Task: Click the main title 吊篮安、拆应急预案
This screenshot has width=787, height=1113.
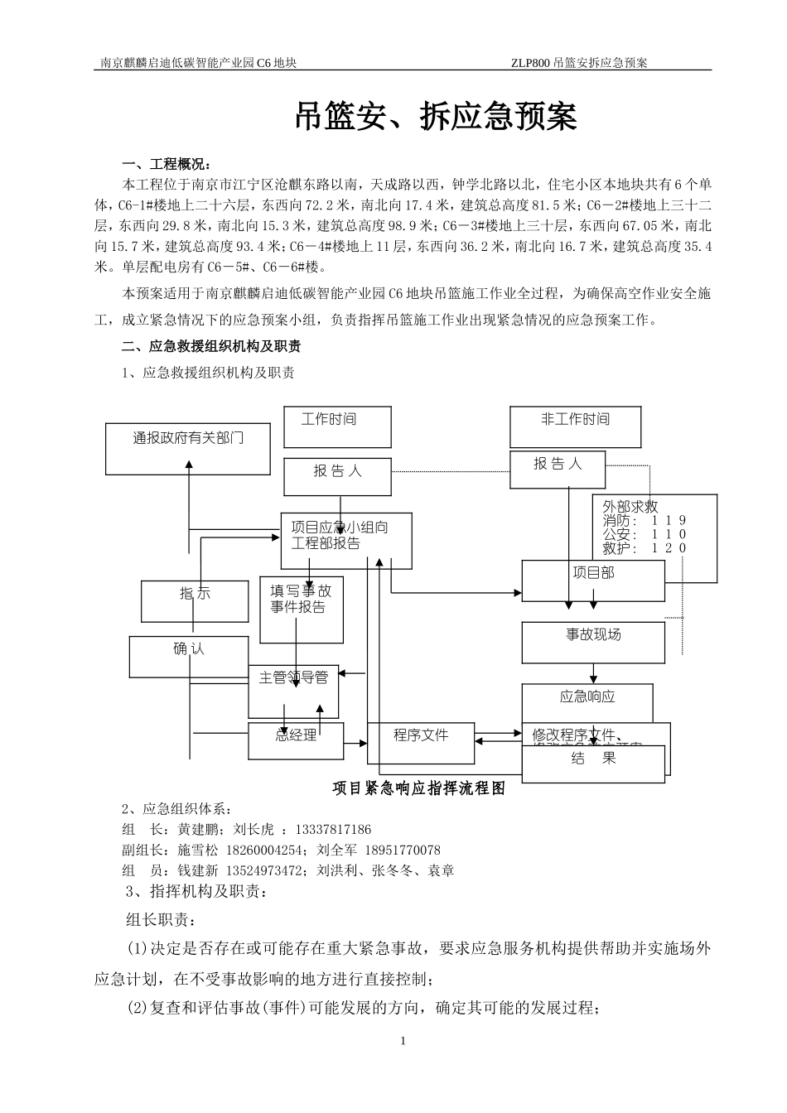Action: tap(436, 118)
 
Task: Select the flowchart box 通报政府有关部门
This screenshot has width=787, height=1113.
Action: tap(188, 448)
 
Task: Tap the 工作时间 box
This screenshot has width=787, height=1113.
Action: tap(337, 427)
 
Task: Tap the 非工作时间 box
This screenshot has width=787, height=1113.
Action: tap(575, 427)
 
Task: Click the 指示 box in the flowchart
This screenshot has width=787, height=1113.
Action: tap(195, 600)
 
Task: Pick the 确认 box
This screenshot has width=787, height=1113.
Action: tap(189, 656)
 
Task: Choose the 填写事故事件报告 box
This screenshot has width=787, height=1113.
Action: tap(302, 609)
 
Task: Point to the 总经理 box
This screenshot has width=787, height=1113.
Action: tap(296, 740)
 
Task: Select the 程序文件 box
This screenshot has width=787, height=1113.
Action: tap(421, 743)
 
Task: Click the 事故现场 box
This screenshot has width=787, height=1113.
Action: tap(593, 642)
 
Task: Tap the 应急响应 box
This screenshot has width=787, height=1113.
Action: tap(587, 702)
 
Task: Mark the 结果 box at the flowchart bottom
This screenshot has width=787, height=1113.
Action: tap(593, 764)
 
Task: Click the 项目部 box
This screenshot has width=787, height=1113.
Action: tap(593, 580)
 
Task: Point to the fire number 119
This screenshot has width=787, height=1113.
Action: tap(669, 521)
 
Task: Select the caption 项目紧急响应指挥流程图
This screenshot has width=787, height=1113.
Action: tap(418, 789)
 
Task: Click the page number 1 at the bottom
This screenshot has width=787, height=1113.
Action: tap(403, 1040)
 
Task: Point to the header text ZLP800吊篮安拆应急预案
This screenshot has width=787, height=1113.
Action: tap(579, 62)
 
